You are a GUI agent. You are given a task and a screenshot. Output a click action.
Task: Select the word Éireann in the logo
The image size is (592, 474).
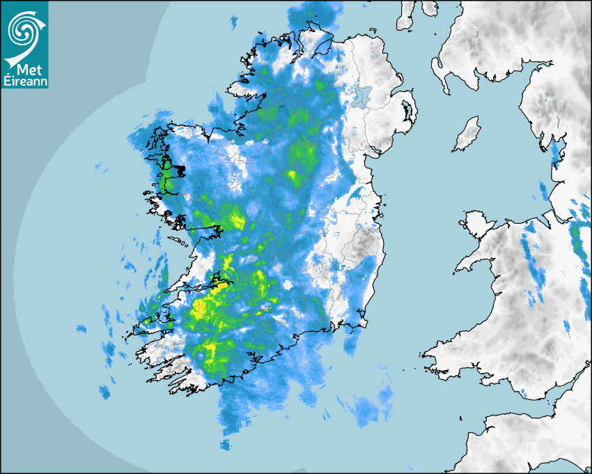coord(24,82)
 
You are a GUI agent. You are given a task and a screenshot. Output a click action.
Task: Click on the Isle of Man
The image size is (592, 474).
coord(467,135)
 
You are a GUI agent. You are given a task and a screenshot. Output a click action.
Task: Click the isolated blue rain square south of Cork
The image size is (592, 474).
coord(224,444)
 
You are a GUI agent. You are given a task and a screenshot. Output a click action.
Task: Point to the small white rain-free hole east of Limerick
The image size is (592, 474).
coord(288,285)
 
